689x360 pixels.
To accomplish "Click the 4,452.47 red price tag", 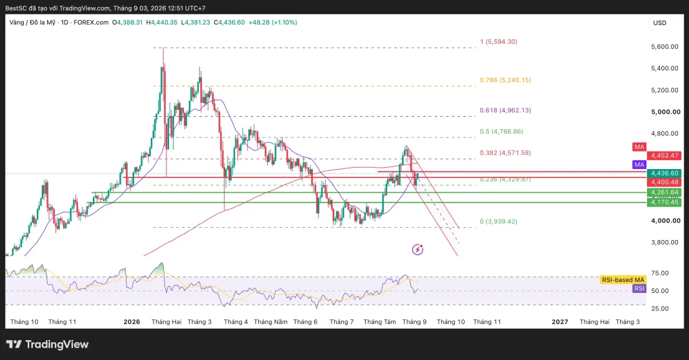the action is coord(665,155).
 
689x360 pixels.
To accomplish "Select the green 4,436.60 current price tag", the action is coord(665,174).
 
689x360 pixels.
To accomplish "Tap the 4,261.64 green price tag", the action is coord(665,192).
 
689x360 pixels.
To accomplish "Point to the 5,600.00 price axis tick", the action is coord(664,46).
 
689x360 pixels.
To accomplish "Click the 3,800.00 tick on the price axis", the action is coord(664,242).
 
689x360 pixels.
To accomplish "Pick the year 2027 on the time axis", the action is coord(560,322).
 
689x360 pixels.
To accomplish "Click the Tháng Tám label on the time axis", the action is coord(379,322).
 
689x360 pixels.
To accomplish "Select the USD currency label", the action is coord(659,23).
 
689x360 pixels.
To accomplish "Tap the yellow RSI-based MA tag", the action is coord(623,280).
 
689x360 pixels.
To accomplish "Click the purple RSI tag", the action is coord(639,289).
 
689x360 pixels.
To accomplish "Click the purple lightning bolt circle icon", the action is coord(417,250).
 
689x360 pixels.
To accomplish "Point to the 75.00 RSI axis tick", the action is coord(659,273).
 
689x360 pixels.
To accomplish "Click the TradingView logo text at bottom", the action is coord(48,344).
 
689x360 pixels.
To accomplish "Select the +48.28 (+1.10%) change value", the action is coord(273,23).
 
